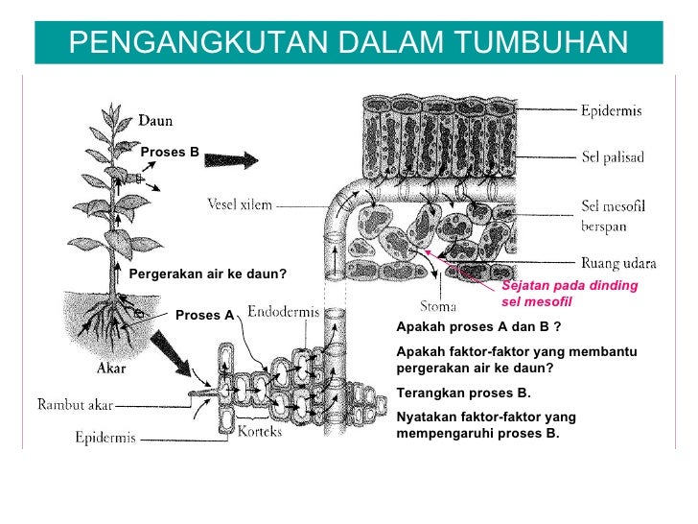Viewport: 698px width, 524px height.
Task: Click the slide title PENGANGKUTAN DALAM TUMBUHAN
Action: [348, 41]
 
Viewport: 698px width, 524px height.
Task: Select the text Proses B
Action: [170, 152]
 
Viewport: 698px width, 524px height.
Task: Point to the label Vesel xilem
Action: [240, 203]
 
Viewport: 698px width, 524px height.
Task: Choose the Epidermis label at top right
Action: [612, 110]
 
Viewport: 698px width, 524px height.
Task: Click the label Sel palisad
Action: [613, 156]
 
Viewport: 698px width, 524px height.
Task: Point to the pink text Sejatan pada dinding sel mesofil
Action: [569, 294]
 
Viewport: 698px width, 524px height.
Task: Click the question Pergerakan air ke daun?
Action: [208, 274]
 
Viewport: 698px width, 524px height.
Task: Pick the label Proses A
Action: [204, 315]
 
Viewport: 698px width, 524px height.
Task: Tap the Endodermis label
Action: [284, 312]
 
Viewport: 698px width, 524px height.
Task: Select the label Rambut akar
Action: [75, 404]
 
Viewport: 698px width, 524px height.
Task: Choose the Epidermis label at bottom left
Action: [105, 439]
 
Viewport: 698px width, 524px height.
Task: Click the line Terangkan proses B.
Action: [462, 393]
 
